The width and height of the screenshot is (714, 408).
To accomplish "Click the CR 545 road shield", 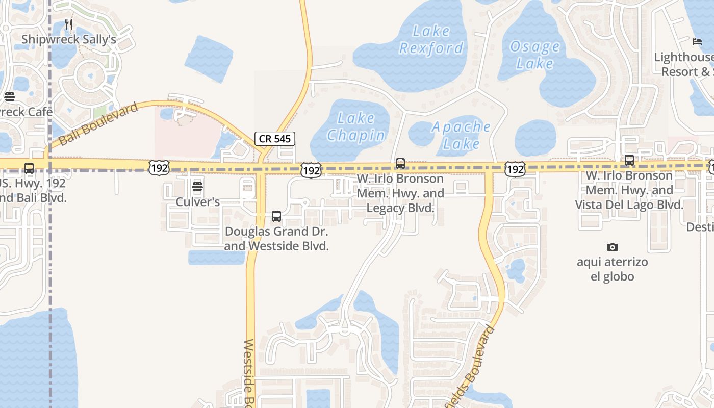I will [275, 138].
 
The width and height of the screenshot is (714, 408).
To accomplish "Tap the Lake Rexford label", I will [431, 40].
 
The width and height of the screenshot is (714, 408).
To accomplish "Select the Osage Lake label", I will [534, 55].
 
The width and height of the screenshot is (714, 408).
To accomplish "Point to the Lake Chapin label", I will [356, 126].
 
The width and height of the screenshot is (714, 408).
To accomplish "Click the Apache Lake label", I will [461, 135].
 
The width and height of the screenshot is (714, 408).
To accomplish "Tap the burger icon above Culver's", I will [197, 187].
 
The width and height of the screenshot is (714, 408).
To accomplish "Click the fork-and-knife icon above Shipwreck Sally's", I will [69, 24].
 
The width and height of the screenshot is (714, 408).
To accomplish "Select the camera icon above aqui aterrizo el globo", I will [613, 247].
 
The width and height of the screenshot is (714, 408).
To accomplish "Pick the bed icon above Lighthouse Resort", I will [697, 41].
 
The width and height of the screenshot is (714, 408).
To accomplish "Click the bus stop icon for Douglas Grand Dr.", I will [276, 216].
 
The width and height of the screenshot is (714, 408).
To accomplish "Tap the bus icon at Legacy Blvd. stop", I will [400, 164].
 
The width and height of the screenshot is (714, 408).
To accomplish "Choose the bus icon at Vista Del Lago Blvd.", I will [629, 160].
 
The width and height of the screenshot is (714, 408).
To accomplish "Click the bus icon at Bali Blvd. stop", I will [29, 168].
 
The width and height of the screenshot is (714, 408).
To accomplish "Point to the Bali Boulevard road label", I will [98, 124].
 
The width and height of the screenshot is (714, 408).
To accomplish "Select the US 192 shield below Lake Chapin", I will [311, 170].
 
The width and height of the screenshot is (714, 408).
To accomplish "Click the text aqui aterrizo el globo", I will [612, 269].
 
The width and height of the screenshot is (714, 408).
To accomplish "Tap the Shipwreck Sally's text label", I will [69, 39].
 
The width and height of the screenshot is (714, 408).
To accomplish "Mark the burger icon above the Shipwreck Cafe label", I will [9, 97].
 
